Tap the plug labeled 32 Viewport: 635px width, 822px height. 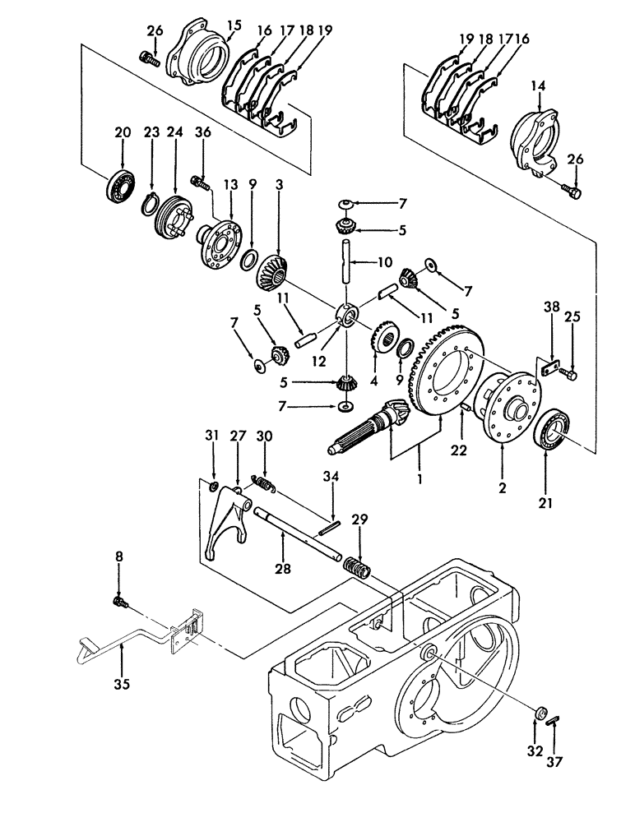point(540,713)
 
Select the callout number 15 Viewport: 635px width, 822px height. point(234,25)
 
